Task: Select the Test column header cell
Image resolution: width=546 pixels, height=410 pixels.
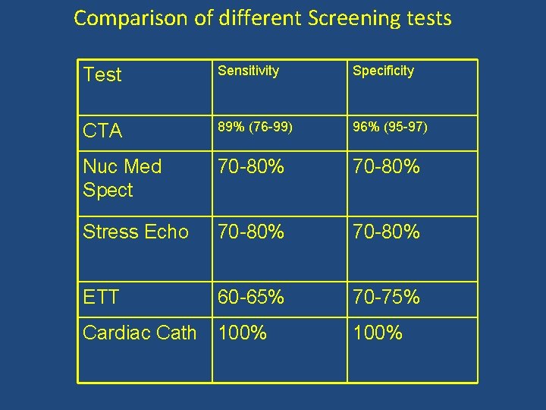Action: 103,74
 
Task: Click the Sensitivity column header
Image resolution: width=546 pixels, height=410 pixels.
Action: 249,71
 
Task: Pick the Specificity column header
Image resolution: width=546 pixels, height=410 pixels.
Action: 383,71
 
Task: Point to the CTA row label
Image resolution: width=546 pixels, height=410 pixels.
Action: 102,131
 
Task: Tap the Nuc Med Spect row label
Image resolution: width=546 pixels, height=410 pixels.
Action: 122,178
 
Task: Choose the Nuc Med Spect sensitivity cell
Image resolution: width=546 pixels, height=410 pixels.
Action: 251,166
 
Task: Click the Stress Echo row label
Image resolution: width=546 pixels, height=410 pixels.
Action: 136,232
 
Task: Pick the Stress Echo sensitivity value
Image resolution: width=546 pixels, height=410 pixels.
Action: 251,232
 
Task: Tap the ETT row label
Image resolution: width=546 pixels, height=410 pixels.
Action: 101,298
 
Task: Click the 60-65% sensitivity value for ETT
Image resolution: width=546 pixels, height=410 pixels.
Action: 251,298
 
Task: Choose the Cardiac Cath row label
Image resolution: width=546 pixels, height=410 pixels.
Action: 140,333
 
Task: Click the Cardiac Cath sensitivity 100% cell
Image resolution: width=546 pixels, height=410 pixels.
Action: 243,333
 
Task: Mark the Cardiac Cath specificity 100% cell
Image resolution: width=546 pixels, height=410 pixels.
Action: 378,333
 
